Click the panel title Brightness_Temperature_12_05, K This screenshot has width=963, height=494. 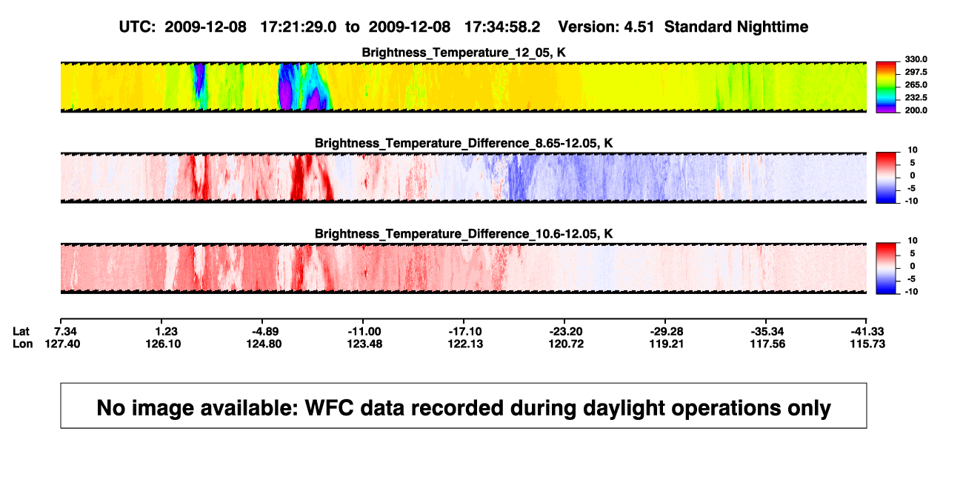click(464, 53)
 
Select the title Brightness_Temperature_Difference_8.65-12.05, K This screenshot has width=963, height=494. click(464, 143)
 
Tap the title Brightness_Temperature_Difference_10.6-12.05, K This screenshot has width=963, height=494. click(464, 234)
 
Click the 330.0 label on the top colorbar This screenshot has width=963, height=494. click(916, 59)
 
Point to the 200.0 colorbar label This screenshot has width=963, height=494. click(916, 110)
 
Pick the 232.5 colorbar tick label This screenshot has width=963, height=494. click(916, 98)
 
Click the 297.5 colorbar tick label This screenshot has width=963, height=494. click(916, 73)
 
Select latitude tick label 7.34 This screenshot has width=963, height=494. click(66, 332)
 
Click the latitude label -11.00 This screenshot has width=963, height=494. click(364, 332)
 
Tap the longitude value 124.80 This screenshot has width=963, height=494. click(264, 344)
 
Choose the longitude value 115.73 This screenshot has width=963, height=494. click(867, 344)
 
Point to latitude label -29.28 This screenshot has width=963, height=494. click(667, 332)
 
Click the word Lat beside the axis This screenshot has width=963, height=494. click(21, 332)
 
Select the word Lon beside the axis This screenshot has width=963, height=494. click(23, 344)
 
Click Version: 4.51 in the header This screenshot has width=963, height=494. click(606, 27)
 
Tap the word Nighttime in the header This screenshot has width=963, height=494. click(772, 27)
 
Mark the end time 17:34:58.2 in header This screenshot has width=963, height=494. click(502, 27)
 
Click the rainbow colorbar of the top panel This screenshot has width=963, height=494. click(886, 87)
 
